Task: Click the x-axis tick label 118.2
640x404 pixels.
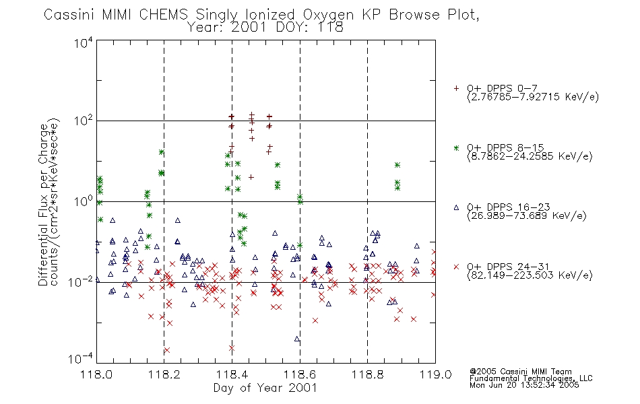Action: pos(164,374)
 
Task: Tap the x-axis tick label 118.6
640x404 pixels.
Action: pos(300,374)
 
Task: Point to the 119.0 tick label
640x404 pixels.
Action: pos(435,374)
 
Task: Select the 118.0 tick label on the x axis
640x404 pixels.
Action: pos(96,374)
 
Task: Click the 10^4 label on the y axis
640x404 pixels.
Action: pos(84,42)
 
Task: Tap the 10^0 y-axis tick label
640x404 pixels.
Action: pos(84,201)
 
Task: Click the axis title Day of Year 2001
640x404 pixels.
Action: pos(265,388)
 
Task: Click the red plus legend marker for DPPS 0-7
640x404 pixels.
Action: pos(456,88)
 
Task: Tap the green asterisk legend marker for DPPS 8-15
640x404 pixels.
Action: pos(456,147)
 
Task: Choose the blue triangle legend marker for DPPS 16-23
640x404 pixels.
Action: pos(456,207)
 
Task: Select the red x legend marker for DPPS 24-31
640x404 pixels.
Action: pos(456,267)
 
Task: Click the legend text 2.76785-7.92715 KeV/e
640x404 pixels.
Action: pos(533,97)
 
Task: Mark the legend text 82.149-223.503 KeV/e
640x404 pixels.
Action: pos(530,275)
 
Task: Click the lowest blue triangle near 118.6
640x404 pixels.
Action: pos(296,339)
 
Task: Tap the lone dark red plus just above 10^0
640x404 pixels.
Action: pos(251,177)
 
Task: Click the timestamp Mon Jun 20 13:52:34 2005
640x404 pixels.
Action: pos(524,385)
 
